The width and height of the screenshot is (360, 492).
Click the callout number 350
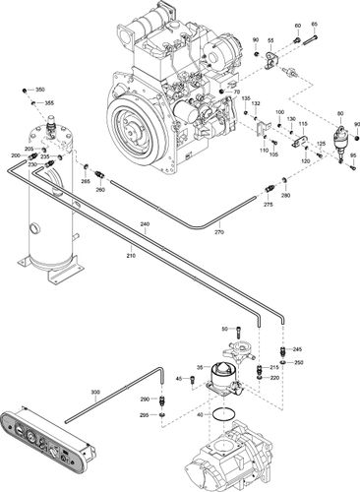[x=40, y=90]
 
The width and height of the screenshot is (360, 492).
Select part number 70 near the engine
[x=237, y=92]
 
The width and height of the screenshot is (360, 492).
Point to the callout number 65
[x=315, y=24]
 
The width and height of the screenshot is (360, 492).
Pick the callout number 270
[x=219, y=232]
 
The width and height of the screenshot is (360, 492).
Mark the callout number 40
[x=203, y=414]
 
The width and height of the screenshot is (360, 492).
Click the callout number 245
[x=298, y=350]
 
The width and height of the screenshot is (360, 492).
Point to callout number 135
[x=245, y=99]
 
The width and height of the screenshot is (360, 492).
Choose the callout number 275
[x=268, y=204]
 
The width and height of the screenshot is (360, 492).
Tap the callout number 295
[x=145, y=416]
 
